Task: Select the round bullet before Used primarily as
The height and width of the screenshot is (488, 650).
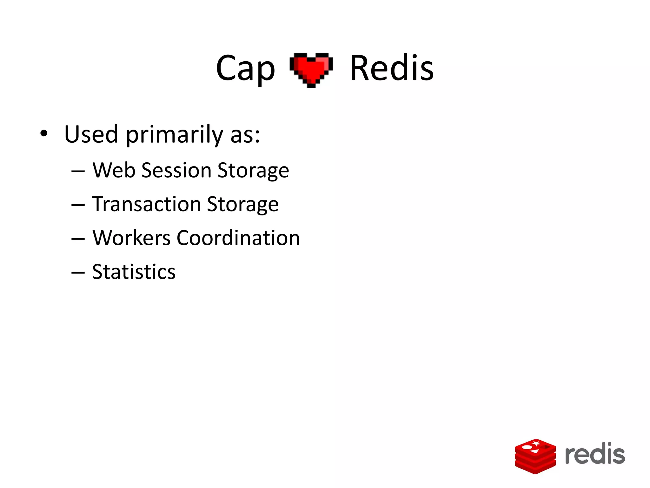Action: pos(44,133)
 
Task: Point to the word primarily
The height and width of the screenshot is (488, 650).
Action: pos(175,135)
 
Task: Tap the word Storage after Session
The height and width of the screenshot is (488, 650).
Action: pos(253,171)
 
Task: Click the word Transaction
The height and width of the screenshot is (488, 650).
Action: pos(147,204)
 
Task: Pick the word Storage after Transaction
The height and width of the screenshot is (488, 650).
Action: pos(243,205)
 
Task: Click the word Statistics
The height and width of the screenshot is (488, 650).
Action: pos(134,272)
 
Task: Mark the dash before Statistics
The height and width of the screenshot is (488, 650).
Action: pos(78,273)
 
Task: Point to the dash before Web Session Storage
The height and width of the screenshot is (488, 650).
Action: pos(78,171)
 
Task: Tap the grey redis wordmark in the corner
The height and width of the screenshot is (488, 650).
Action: pos(595,454)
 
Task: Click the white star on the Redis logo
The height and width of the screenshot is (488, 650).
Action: pos(536,443)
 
